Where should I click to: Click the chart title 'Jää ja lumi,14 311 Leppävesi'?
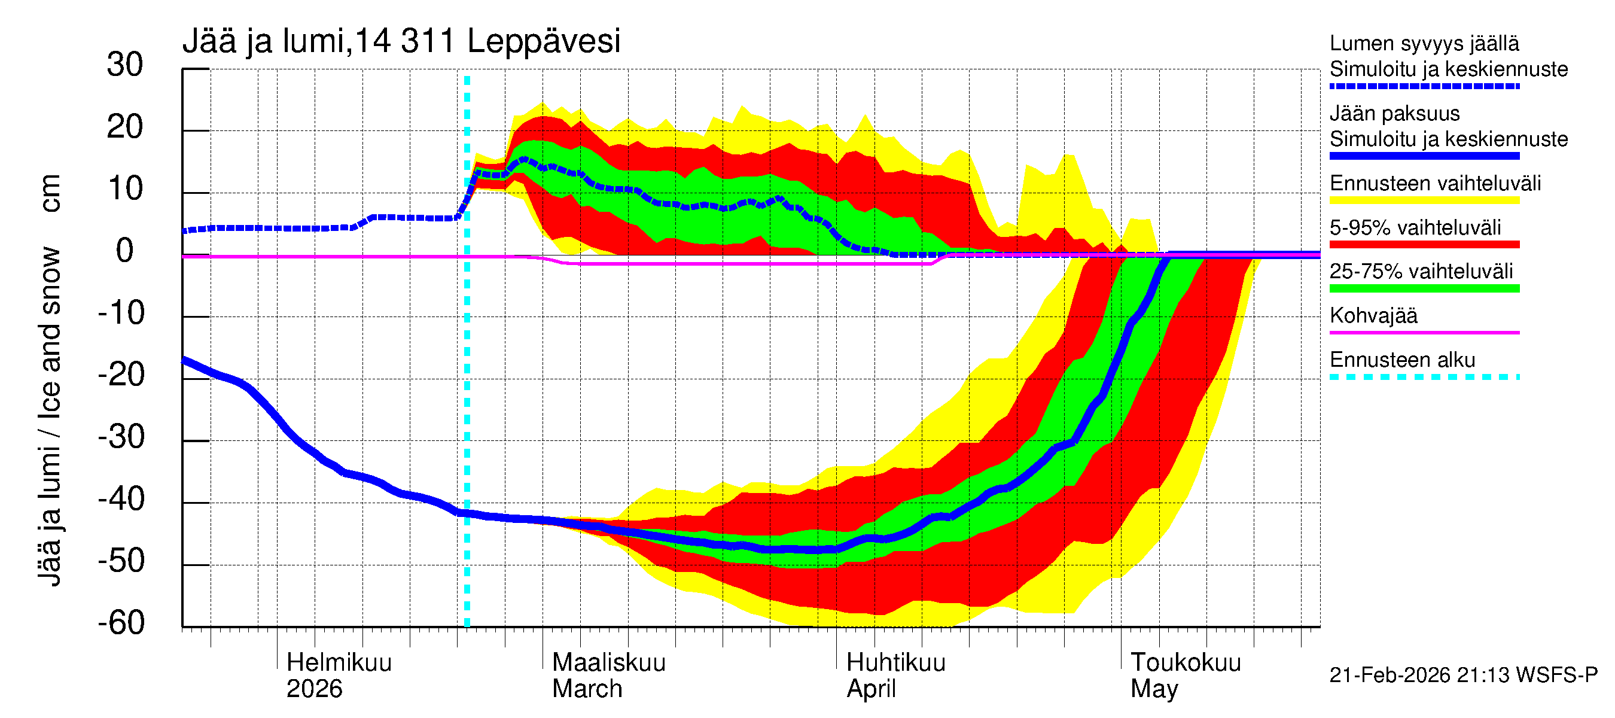(x=401, y=41)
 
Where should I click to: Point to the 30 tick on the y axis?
(x=125, y=65)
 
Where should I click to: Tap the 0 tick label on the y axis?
(x=125, y=251)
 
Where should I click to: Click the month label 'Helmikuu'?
(x=339, y=663)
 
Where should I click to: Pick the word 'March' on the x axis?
(x=587, y=689)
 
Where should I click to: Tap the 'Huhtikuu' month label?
(x=895, y=663)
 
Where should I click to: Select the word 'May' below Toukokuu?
(x=1154, y=689)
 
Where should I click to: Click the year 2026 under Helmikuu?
(x=314, y=689)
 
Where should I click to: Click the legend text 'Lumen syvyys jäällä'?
(x=1424, y=44)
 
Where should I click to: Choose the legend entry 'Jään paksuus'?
(x=1394, y=114)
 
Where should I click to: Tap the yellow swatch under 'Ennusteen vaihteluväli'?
(x=1424, y=200)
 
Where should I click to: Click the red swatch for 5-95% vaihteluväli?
(x=1424, y=245)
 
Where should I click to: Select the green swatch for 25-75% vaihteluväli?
(x=1424, y=288)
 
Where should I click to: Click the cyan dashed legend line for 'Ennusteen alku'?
(x=1424, y=378)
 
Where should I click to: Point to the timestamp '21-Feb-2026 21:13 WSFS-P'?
(x=1463, y=676)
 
